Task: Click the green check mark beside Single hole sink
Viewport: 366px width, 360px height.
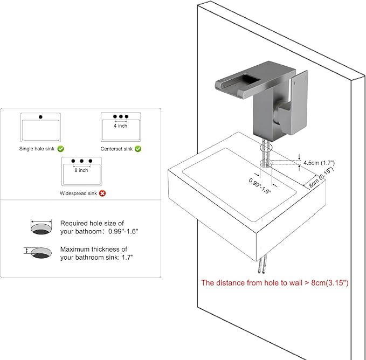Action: [61, 149]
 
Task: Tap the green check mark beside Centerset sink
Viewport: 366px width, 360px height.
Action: [138, 149]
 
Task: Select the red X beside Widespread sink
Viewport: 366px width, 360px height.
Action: [102, 193]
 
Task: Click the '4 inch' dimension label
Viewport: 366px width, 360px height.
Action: [120, 126]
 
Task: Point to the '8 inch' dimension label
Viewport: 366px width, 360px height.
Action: [81, 170]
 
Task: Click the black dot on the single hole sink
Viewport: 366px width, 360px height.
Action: [40, 117]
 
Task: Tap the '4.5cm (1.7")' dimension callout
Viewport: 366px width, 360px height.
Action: [319, 163]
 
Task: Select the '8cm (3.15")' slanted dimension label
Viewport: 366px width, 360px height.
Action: [321, 177]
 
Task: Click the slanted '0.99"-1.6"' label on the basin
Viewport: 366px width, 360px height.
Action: [260, 186]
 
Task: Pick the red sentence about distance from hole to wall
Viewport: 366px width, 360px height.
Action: [275, 283]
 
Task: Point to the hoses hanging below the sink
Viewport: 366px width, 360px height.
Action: [262, 264]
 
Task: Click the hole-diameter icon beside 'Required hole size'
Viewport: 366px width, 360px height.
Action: [41, 226]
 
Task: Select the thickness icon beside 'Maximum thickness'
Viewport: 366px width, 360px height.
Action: [38, 253]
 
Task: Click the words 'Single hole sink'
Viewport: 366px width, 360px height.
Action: [37, 149]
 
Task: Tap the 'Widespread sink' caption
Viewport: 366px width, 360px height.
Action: [78, 193]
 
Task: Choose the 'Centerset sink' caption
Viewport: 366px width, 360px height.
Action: [116, 149]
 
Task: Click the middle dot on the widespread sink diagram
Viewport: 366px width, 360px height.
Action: [81, 161]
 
